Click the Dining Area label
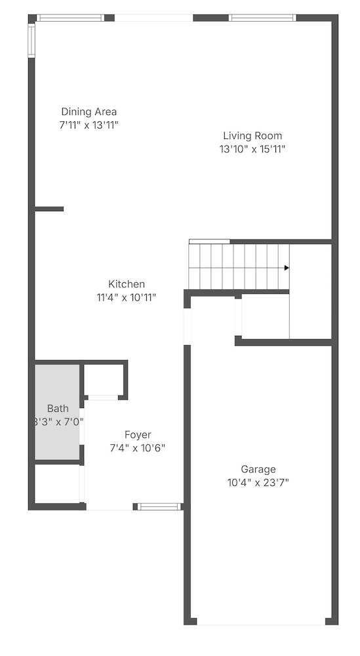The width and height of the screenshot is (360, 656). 89,112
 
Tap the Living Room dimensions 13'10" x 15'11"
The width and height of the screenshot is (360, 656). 252,149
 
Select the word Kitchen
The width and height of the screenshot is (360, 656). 127,284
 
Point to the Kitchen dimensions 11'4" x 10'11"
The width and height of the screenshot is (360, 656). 127,297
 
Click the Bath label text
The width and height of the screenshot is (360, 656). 58,409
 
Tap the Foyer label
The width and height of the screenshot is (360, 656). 138,434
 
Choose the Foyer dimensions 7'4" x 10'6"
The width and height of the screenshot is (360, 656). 138,448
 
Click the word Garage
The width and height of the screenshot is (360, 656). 258,469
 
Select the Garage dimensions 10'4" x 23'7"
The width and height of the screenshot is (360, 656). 258,483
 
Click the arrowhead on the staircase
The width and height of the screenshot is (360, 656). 287,268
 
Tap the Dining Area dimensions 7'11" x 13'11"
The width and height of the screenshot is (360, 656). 89,125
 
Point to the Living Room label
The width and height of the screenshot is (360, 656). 252,136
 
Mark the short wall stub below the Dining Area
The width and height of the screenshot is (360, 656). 49,209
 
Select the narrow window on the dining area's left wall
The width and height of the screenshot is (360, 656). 31,41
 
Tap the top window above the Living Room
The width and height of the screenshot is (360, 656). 262,18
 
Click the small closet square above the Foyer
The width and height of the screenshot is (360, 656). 103,379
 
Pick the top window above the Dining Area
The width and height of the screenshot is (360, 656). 70,18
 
